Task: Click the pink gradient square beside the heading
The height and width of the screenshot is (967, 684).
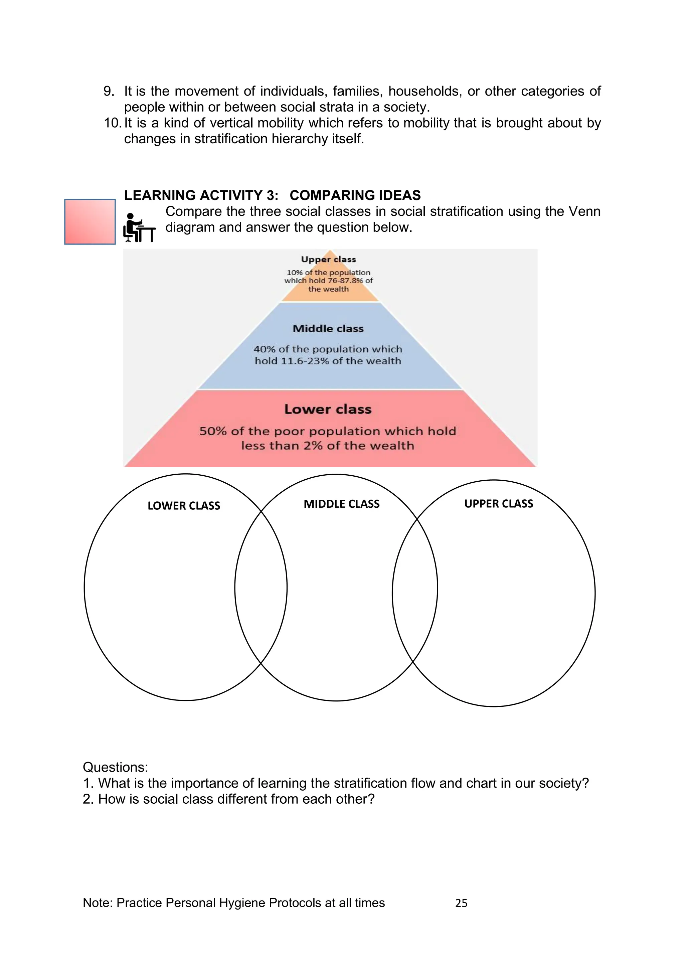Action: coord(90,221)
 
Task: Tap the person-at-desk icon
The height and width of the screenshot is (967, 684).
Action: coord(139,228)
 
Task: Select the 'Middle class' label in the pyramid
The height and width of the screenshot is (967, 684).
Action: coord(328,328)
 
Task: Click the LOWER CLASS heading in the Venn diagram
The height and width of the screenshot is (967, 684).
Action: coord(184,505)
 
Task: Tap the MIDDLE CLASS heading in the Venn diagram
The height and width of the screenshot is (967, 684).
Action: coord(342,504)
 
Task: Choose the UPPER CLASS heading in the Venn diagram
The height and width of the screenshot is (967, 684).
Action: coord(499,504)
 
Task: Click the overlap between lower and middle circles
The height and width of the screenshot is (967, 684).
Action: coord(261,588)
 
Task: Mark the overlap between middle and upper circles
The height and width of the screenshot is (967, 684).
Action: coord(415,590)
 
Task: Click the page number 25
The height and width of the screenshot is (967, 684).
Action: coord(461,903)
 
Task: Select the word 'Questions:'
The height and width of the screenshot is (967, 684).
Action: coord(116,767)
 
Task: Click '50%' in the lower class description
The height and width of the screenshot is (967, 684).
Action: coord(213,431)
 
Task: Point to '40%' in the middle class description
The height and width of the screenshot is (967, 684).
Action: coord(264,349)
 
